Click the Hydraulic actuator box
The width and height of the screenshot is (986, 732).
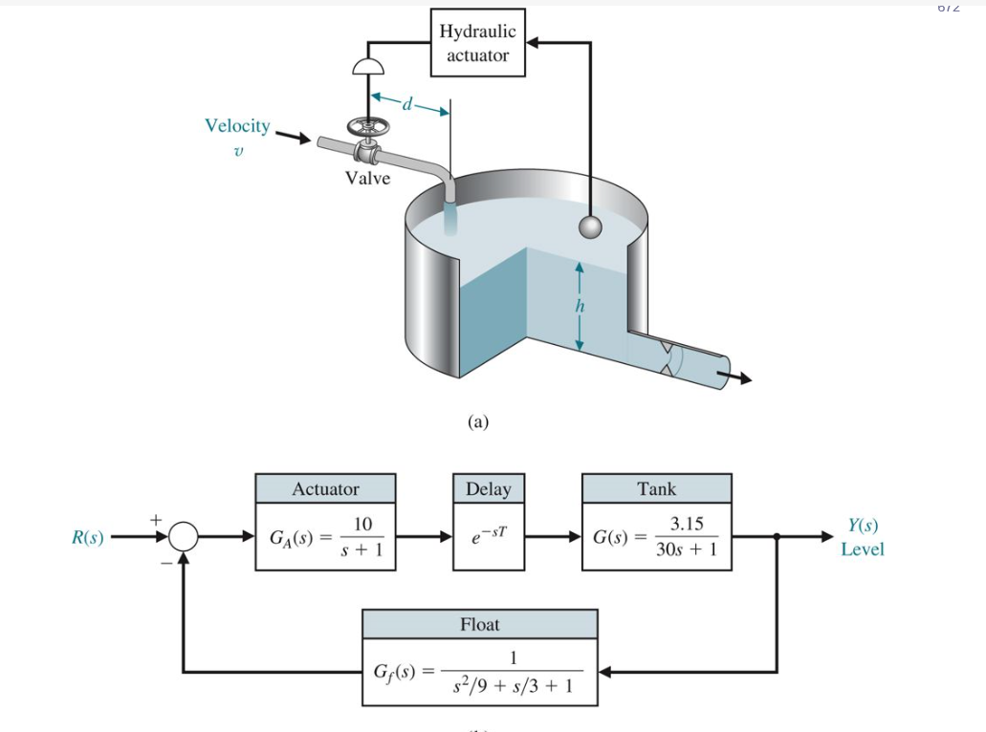coord(477,43)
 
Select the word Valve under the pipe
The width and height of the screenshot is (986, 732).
coord(368,179)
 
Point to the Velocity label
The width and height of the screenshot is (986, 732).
coord(237,126)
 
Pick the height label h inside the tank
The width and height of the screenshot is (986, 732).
coord(579,306)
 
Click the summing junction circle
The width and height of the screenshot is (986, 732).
coord(183,538)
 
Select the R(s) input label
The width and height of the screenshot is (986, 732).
coord(88,537)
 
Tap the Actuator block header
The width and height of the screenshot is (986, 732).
coord(325,489)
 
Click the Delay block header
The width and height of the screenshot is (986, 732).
coord(488,489)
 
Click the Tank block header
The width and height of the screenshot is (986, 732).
coord(656,489)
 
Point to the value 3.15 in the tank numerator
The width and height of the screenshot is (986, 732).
coord(687,525)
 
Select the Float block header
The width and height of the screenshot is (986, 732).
coord(479,625)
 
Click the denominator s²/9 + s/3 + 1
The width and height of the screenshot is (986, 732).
coord(513,685)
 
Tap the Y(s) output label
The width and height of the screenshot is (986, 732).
coord(863,526)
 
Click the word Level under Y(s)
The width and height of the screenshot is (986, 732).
coord(863,549)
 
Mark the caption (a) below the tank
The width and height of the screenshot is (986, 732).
coord(478,421)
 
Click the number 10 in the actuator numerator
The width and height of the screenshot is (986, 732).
coord(362,526)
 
